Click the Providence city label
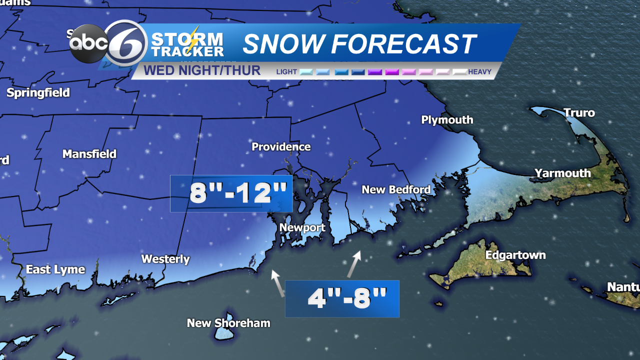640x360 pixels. click(x=281, y=147)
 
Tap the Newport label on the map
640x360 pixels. click(x=302, y=228)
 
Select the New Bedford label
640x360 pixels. click(x=396, y=190)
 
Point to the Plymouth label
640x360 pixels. click(x=447, y=120)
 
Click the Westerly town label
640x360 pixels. click(x=165, y=259)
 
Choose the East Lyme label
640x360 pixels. click(x=55, y=270)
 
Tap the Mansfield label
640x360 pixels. click(x=89, y=154)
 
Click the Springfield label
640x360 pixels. click(x=38, y=93)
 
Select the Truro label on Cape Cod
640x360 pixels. click(x=579, y=113)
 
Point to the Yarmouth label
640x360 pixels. click(x=562, y=173)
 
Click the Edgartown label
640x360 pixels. click(x=515, y=255)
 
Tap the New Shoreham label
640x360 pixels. click(x=228, y=323)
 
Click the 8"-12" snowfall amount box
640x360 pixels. click(x=231, y=193)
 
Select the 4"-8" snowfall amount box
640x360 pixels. click(x=342, y=298)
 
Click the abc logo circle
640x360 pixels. click(x=89, y=44)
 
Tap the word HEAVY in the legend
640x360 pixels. click(x=479, y=72)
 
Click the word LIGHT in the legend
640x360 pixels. click(x=286, y=72)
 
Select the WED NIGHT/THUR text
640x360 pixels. click(x=202, y=70)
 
